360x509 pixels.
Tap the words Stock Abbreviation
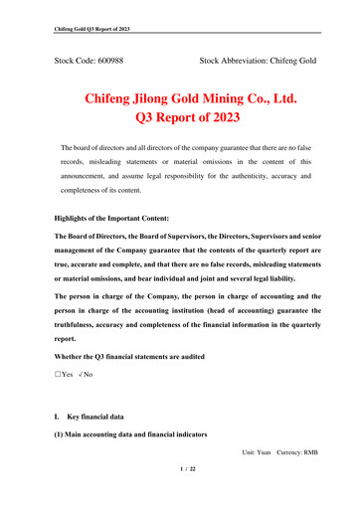coord(234,62)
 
